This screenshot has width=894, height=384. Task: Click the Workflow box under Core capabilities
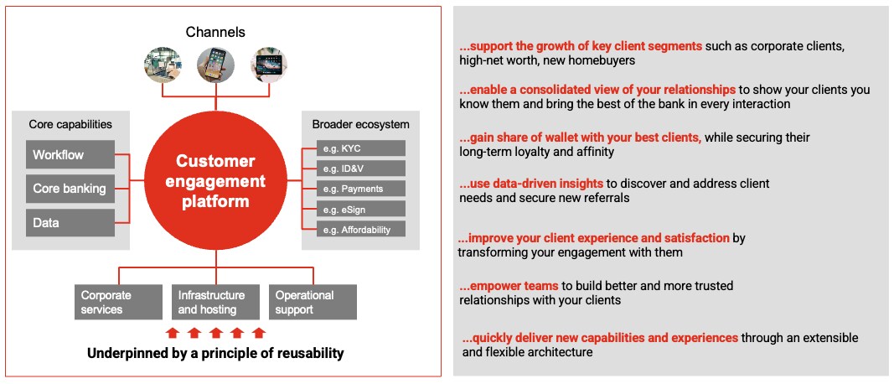click(x=70, y=154)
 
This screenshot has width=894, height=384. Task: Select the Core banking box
click(x=70, y=189)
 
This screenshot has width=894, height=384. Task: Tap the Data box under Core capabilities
click(x=70, y=222)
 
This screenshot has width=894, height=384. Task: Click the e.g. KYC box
click(x=361, y=148)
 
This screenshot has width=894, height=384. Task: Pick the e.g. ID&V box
click(x=361, y=169)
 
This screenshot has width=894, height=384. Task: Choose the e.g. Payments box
click(x=361, y=189)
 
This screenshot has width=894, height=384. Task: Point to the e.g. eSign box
click(x=361, y=209)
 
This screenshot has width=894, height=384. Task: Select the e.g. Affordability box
click(x=361, y=230)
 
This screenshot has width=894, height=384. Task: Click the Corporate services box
click(x=119, y=303)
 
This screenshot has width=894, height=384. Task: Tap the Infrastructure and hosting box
click(x=215, y=303)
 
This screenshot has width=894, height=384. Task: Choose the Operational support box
click(x=313, y=303)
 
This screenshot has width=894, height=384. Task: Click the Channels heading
click(x=215, y=32)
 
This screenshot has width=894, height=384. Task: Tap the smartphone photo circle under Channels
click(x=215, y=65)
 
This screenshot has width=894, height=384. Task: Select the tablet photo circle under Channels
click(x=269, y=65)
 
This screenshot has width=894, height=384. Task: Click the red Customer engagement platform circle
click(x=215, y=181)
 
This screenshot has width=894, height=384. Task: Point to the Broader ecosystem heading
click(x=361, y=124)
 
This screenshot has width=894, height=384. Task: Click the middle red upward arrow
click(x=215, y=333)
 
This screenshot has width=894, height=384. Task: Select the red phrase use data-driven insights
click(x=531, y=184)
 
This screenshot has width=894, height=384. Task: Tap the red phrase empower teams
click(x=501, y=285)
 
